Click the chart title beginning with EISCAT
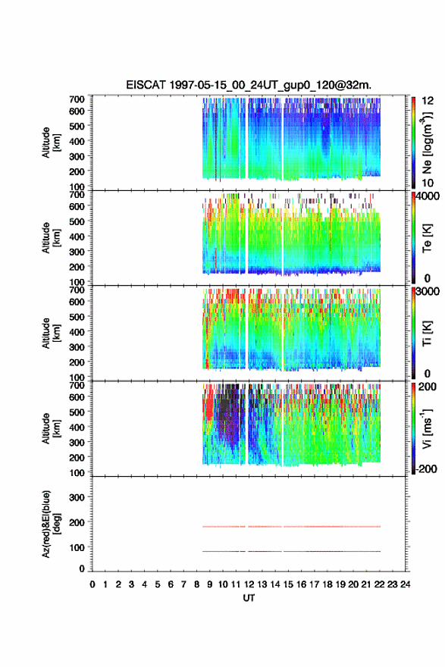[x=249, y=85]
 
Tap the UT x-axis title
[x=249, y=598]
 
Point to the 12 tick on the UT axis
[x=249, y=584]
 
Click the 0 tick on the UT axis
[x=92, y=584]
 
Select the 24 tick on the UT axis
[x=406, y=584]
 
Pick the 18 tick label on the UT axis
[x=327, y=584]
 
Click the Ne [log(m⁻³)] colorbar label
[x=427, y=141]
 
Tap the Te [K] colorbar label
[x=427, y=238]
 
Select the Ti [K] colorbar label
[x=427, y=333]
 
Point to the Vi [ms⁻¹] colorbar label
[x=427, y=429]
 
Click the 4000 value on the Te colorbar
[x=428, y=196]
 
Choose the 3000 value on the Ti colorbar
[x=428, y=291]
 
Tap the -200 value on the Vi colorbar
[x=425, y=468]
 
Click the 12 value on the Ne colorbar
[x=428, y=101]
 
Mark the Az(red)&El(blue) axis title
[x=50, y=524]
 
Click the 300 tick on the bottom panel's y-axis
[x=77, y=497]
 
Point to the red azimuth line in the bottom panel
[x=291, y=527]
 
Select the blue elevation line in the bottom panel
[x=291, y=551]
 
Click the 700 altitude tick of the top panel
[x=77, y=99]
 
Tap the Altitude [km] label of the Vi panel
[x=51, y=428]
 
